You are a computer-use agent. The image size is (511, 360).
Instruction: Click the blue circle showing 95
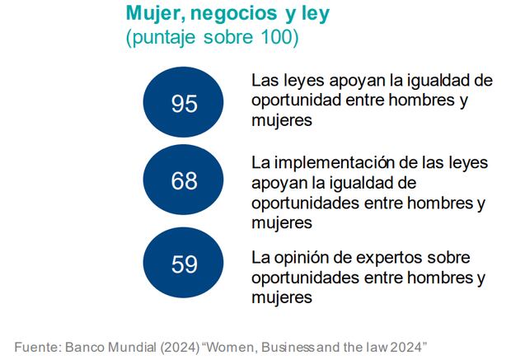184,104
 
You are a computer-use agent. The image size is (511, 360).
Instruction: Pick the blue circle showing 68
184,181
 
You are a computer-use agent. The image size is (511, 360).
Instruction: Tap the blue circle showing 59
184,264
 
